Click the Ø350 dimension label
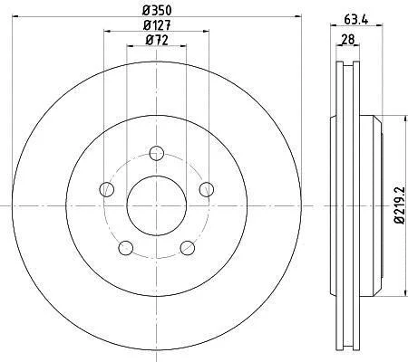click(x=157, y=11)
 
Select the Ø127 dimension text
click(x=157, y=25)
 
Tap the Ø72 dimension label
click(x=157, y=40)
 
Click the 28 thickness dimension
click(x=347, y=40)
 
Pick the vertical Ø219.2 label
click(x=399, y=205)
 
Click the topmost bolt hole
click(x=157, y=153)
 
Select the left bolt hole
click(x=107, y=189)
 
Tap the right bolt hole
click(x=207, y=189)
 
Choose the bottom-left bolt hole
click(x=126, y=248)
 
